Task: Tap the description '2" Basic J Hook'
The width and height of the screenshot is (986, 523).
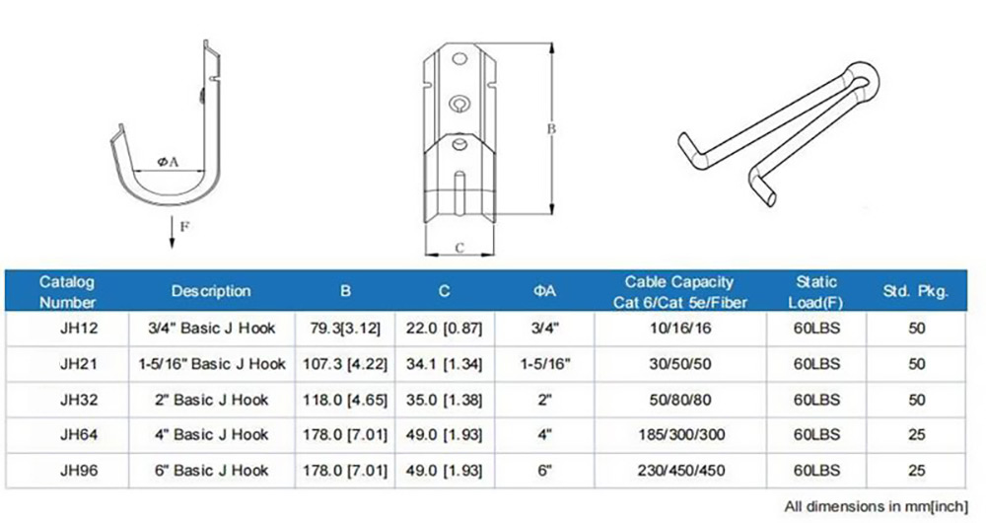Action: click(211, 399)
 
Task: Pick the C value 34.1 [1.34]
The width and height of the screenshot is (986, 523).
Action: click(444, 363)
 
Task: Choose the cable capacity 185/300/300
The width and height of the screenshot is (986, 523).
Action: click(679, 434)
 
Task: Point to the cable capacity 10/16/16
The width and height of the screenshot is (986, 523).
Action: click(679, 328)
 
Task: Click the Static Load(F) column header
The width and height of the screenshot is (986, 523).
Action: click(816, 291)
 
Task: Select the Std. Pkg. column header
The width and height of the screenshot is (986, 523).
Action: click(916, 291)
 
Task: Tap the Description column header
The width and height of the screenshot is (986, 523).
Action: click(211, 291)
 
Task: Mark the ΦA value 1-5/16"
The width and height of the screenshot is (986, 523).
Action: click(544, 363)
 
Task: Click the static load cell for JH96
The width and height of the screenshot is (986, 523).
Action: click(816, 470)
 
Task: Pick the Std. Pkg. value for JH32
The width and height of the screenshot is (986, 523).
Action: click(916, 399)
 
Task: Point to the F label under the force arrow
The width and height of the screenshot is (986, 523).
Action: click(183, 226)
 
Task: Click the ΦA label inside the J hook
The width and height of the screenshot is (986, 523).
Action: click(167, 163)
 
